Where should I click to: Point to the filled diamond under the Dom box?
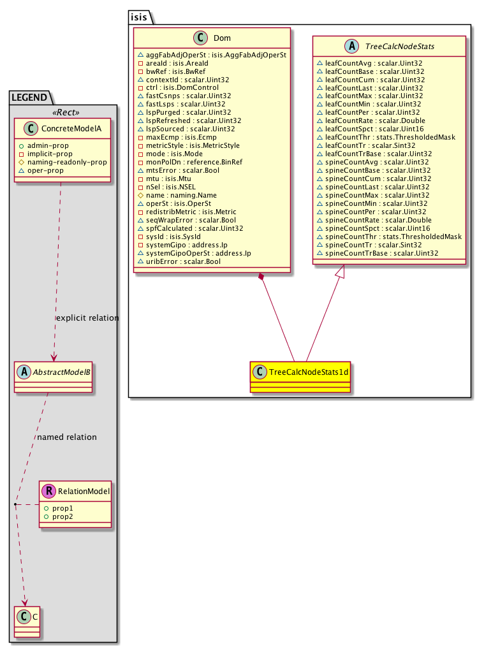(x=261, y=276)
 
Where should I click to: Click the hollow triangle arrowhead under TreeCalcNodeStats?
(x=341, y=272)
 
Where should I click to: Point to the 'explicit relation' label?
(x=87, y=317)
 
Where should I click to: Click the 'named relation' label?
(x=67, y=437)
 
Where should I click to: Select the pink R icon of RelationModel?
(x=48, y=491)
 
